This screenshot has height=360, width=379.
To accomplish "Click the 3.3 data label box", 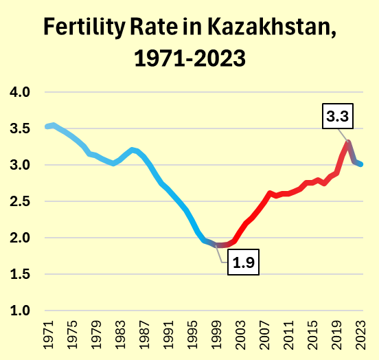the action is [338, 116].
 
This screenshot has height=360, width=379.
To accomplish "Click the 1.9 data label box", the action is [244, 262].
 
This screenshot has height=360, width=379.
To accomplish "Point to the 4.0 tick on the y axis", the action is [20, 92].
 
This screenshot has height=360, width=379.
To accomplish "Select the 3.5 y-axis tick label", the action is [20, 128].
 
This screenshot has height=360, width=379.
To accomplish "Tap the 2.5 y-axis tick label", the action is [20, 201].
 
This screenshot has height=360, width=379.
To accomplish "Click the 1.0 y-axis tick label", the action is [20, 311].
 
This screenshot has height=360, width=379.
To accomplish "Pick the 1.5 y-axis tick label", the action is [20, 274].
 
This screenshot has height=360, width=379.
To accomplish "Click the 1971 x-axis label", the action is [48, 335].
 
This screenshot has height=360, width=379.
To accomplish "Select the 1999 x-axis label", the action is [216, 335].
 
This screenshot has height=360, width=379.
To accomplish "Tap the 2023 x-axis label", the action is [361, 335].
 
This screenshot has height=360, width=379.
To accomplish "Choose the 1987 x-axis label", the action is [144, 335].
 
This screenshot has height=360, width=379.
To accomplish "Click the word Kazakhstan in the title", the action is [272, 27].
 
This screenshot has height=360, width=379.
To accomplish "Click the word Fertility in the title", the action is [84, 27].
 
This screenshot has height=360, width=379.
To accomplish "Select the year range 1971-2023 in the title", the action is [189, 58].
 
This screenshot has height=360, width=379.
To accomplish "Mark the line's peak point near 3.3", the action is [348, 142].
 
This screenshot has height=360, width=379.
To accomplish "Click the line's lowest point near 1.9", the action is [220, 245].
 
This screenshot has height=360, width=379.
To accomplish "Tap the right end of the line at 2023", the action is [361, 164].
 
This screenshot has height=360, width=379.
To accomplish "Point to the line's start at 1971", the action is [47, 126].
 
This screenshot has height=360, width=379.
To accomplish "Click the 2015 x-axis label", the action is [313, 335].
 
